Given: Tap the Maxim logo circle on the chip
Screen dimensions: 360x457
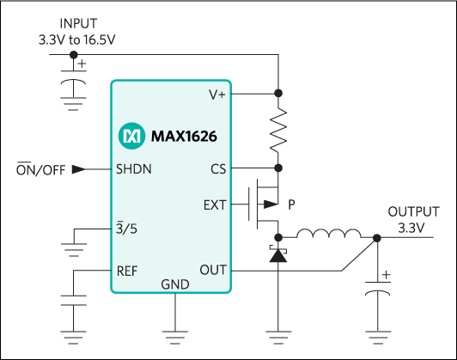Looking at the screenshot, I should tap(131, 136).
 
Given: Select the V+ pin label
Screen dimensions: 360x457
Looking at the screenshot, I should tap(216, 95).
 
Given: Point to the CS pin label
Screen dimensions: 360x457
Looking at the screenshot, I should tap(218, 169).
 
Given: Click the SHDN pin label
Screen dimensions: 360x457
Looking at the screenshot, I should tap(134, 169).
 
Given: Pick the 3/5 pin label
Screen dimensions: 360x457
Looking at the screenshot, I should tap(127, 229).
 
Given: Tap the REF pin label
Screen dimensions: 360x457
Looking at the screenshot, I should tap(127, 270).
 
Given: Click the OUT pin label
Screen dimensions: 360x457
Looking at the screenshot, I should tap(213, 270).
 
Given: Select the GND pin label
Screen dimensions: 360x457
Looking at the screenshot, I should tap(174, 284).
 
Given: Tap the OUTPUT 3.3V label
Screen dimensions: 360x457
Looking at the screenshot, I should tap(413, 219).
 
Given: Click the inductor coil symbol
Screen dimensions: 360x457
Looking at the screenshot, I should tap(328, 234).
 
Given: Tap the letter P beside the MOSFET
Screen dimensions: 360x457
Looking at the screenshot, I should tap(292, 204).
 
